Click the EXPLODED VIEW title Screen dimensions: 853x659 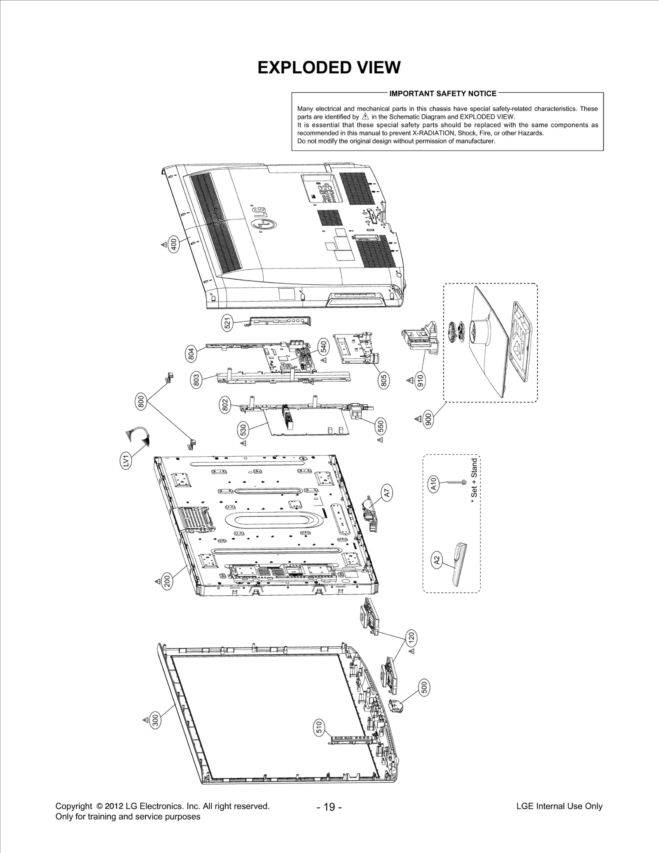329,68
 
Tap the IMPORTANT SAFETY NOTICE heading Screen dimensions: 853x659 443,93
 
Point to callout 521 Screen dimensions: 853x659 227,323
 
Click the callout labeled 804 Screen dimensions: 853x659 191,354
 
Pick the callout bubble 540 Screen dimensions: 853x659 323,347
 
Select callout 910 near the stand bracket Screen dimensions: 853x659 420,381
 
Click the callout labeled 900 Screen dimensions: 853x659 428,419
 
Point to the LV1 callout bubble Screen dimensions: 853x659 127,460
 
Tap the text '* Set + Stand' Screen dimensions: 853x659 474,478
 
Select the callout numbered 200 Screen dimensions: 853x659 167,581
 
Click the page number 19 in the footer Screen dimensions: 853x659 329,807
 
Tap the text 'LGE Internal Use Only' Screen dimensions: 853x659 559,806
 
